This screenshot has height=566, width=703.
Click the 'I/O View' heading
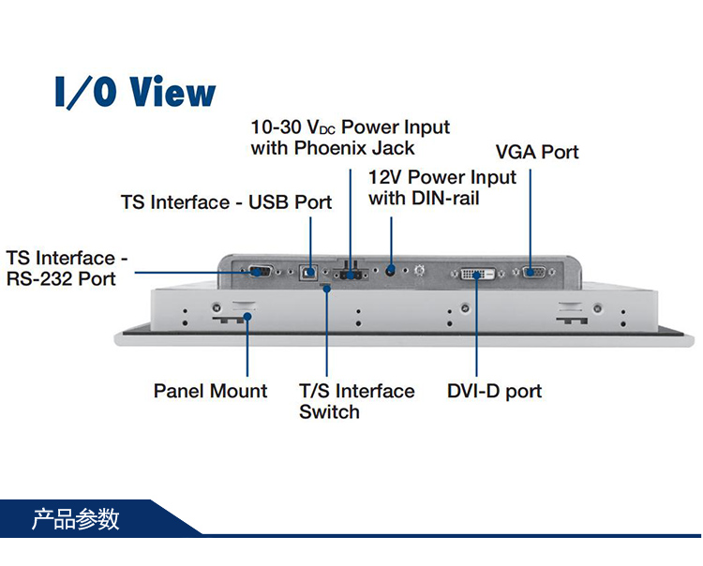pyautogui.click(x=135, y=92)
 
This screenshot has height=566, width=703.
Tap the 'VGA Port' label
pyautogui.click(x=537, y=152)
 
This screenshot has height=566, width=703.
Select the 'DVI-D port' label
pyautogui.click(x=494, y=392)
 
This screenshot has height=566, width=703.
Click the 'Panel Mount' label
pyautogui.click(x=210, y=391)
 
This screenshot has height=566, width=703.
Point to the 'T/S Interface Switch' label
pyautogui.click(x=356, y=401)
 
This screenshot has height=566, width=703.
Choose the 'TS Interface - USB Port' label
pyautogui.click(x=226, y=202)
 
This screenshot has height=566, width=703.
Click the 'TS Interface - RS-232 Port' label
pyautogui.click(x=67, y=268)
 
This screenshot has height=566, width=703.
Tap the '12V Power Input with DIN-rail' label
pyautogui.click(x=441, y=187)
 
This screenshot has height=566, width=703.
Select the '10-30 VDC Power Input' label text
pyautogui.click(x=350, y=127)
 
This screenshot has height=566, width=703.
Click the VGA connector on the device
pyautogui.click(x=532, y=273)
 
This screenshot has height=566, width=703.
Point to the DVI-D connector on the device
pyautogui.click(x=475, y=274)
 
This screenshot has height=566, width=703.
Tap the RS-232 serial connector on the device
pyautogui.click(x=261, y=273)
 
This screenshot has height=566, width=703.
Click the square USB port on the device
pyautogui.click(x=307, y=274)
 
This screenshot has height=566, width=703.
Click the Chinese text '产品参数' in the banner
pyautogui.click(x=76, y=518)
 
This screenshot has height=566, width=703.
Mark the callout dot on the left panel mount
pyautogui.click(x=247, y=318)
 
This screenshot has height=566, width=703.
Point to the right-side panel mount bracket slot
pyautogui.click(x=573, y=314)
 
